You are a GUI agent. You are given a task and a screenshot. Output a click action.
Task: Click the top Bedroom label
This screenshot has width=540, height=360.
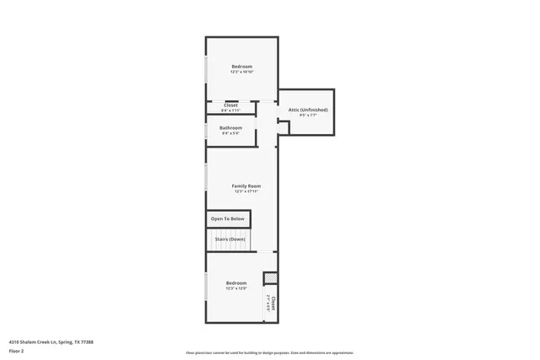[x=242, y=67]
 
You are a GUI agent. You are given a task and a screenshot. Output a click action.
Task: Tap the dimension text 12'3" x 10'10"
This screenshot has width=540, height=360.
[x=242, y=73]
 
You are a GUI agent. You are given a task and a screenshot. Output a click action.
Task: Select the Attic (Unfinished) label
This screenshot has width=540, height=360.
[x=308, y=110]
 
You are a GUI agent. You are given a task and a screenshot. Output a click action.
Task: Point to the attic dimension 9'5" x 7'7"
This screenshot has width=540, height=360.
[x=308, y=116]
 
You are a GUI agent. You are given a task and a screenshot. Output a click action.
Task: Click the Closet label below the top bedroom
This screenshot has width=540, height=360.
[x=230, y=105]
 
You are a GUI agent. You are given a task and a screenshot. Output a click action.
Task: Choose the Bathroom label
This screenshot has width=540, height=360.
[x=231, y=128]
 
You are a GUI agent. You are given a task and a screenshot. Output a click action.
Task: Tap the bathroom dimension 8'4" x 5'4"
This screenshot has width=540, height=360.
[x=231, y=133]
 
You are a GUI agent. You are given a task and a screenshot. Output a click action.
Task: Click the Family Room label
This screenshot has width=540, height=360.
[x=246, y=185]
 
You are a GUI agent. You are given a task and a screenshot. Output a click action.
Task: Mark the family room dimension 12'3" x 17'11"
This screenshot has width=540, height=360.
[x=246, y=191]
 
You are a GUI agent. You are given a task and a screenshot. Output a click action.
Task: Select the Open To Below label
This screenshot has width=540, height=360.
[x=229, y=218]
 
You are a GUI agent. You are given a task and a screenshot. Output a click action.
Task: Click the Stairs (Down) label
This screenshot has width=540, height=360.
[x=229, y=239]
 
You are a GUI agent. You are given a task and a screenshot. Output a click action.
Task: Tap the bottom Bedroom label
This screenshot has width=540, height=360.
[x=236, y=283]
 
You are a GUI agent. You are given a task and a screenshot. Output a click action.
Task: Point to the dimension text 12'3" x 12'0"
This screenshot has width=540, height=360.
[x=236, y=289]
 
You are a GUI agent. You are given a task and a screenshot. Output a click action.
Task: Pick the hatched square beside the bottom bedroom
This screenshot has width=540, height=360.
[x=270, y=278]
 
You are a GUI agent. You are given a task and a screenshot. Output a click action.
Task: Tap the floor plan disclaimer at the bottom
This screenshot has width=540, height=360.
[x=269, y=353]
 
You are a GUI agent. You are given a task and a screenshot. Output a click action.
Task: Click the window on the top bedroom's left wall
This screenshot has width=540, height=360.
[x=207, y=69]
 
